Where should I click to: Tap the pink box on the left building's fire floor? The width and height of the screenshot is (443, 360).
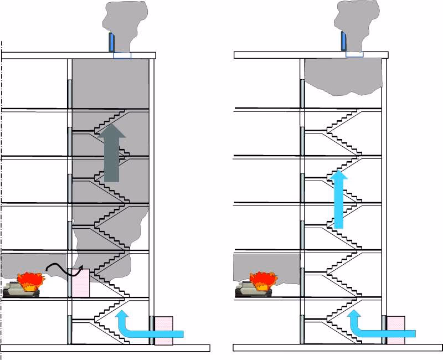tap(81, 283)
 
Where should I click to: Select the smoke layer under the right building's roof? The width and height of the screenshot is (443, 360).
tap(343, 75)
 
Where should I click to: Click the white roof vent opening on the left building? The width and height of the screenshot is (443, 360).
tap(123, 55)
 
